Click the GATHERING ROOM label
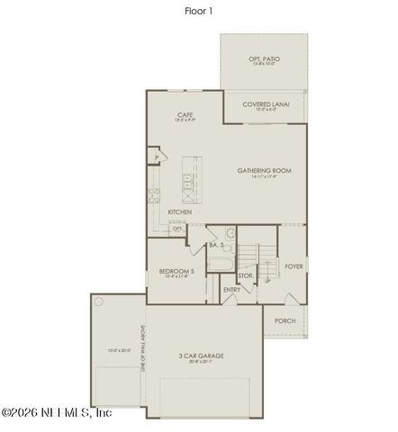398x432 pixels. pyautogui.click(x=264, y=170)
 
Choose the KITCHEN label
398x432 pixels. pyautogui.click(x=180, y=212)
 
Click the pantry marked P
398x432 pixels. pyautogui.click(x=157, y=157)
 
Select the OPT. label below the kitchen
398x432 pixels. pyautogui.click(x=177, y=229)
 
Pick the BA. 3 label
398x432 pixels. pyautogui.click(x=216, y=244)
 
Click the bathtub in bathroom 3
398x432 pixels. pyautogui.click(x=220, y=264)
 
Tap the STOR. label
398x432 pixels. pyautogui.click(x=244, y=275)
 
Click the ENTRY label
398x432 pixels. pyautogui.click(x=231, y=289)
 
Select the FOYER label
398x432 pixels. pyautogui.click(x=294, y=266)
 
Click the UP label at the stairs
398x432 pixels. pyautogui.click(x=267, y=280)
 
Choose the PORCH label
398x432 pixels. pyautogui.click(x=285, y=320)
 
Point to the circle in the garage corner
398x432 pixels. pyautogui.click(x=99, y=302)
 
